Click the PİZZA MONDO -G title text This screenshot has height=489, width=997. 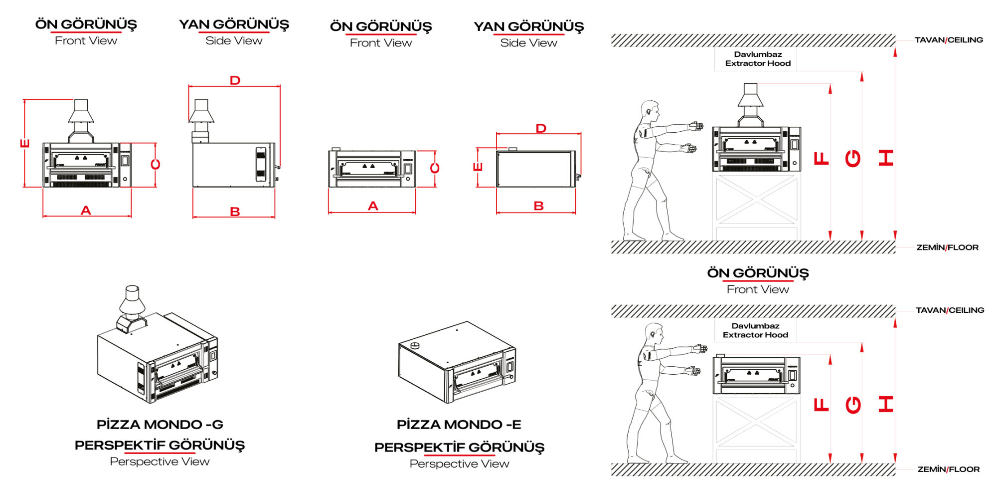point(160,425)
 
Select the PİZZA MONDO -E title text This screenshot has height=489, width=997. point(459,425)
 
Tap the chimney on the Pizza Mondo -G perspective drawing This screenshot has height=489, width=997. point(132,308)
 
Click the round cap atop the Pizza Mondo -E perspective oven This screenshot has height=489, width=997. point(415,345)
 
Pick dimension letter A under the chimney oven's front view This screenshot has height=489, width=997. point(86,211)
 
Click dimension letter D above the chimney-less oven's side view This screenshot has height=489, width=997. point(541,128)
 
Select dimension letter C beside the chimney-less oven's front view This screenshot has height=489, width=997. point(435,168)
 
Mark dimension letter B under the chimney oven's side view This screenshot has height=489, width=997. point(235,212)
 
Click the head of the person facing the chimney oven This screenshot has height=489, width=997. point(650,110)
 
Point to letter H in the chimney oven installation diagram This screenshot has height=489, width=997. point(886,158)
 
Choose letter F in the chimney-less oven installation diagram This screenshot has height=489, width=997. point(821,404)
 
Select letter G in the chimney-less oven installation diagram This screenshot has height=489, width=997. point(853,404)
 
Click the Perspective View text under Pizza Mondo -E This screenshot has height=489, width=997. point(459,464)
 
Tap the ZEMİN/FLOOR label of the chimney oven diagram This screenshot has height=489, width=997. point(947,247)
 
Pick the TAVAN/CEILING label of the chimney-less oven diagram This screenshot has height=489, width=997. point(950,310)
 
